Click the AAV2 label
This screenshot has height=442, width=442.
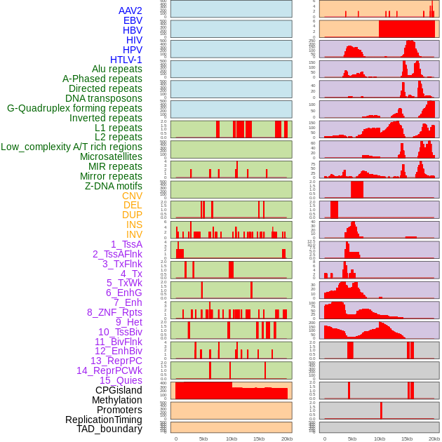[130, 11]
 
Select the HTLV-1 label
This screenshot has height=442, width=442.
[126, 60]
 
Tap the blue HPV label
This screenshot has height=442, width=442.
[132, 50]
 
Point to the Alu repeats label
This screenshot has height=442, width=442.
[116, 69]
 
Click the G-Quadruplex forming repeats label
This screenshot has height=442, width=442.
[74, 108]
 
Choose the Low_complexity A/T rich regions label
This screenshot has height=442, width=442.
[72, 147]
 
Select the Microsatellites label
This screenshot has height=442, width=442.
[111, 156]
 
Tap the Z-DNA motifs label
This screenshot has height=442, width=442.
[113, 186]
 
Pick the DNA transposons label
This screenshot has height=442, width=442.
[104, 98]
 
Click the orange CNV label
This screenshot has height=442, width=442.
[132, 196]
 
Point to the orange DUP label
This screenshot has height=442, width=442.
[132, 215]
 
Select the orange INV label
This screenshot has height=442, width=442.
[134, 234]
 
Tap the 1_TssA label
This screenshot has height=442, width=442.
[126, 244]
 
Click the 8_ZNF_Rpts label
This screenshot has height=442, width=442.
[114, 312]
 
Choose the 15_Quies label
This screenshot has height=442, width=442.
[121, 380]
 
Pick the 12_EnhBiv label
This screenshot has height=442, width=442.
[118, 351]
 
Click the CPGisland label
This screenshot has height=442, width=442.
[119, 390]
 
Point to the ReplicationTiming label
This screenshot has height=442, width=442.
[103, 420]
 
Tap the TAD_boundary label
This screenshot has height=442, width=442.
[109, 429]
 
